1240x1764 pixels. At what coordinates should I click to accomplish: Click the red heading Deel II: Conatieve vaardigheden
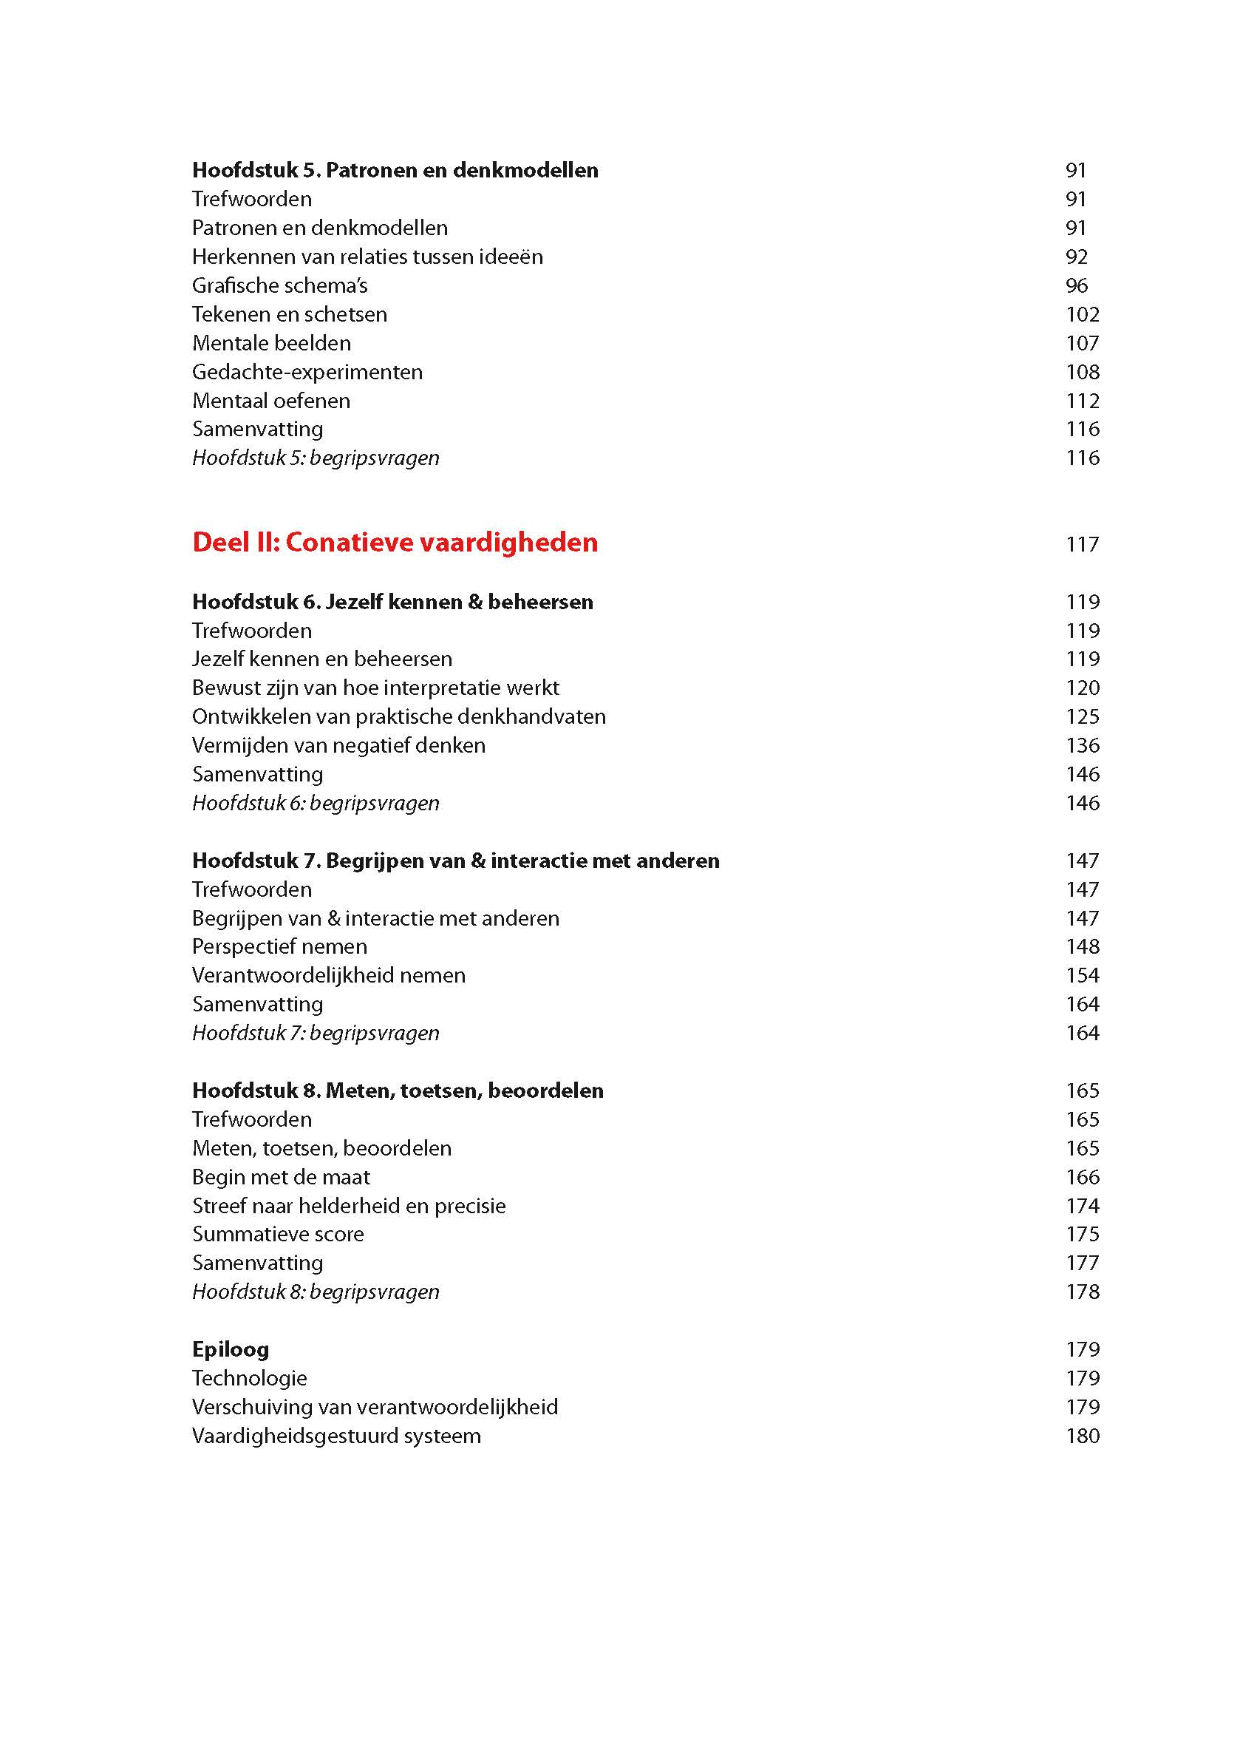(395, 543)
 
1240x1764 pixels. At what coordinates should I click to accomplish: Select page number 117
(1082, 545)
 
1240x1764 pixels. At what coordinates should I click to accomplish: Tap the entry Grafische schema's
(279, 286)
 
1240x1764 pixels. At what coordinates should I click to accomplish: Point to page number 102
(1082, 314)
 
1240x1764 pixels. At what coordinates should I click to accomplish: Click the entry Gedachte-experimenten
(307, 372)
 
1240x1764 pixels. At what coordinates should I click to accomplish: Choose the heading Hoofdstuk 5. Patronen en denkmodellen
(395, 170)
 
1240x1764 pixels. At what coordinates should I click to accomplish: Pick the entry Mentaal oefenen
(271, 401)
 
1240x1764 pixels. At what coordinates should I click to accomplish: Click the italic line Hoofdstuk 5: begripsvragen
(316, 458)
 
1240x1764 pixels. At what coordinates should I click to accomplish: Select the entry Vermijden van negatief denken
(338, 745)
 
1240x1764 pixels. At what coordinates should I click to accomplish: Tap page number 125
(1082, 717)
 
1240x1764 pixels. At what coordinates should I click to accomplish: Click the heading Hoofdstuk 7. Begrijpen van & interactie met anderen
(455, 861)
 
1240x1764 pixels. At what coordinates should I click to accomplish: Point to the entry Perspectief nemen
(279, 946)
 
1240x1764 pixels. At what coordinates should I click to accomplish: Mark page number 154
(1082, 976)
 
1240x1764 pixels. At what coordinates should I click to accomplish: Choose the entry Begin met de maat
(281, 1177)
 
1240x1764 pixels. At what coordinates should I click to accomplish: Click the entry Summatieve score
(278, 1234)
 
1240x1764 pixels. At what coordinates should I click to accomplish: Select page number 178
(1082, 1292)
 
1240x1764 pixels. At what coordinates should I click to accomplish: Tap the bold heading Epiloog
(231, 1349)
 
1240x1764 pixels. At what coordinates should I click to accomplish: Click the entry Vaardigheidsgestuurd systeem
(336, 1436)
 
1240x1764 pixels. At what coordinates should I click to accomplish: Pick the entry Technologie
(250, 1378)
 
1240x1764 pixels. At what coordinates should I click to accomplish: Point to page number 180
(1082, 1436)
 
